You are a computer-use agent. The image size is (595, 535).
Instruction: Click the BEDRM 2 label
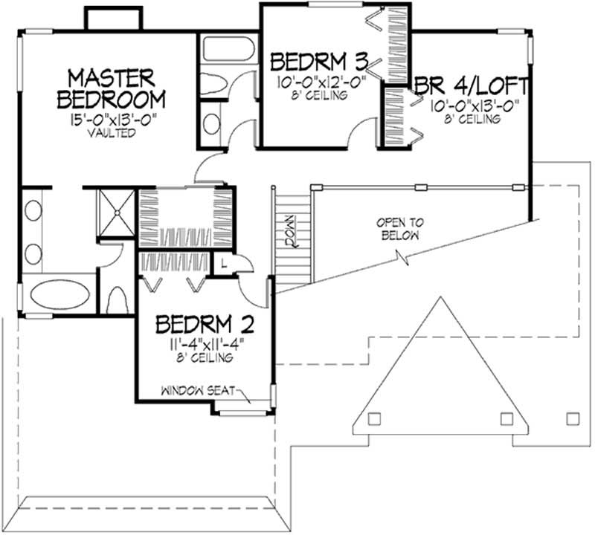click(x=205, y=325)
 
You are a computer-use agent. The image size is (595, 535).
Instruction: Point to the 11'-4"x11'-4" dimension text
click(x=205, y=344)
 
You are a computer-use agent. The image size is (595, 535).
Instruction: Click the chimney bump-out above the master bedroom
click(x=112, y=19)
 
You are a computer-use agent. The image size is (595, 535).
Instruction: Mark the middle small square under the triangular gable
click(x=505, y=418)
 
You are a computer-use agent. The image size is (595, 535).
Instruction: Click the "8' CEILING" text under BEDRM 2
click(x=205, y=358)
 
